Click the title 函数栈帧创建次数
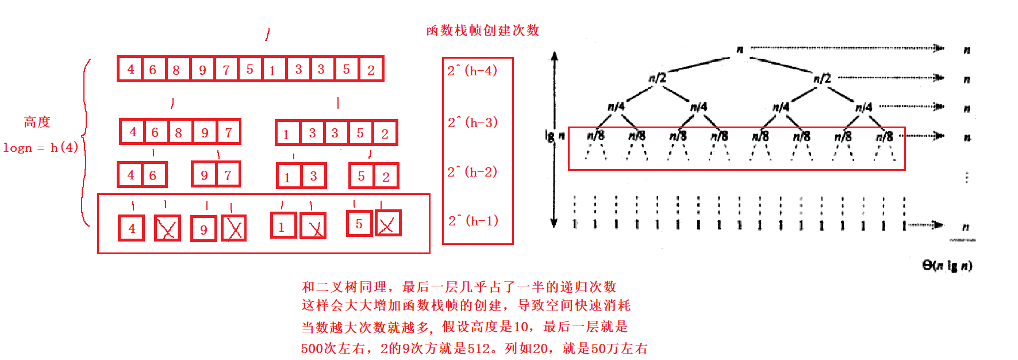482,30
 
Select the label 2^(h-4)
472,71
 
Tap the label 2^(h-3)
472,122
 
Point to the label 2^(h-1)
472,221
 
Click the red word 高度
37,122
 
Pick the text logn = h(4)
40,148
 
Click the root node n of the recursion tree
740,49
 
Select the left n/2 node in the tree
657,78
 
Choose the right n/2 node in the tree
822,78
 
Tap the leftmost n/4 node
616,106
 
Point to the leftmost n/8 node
596,136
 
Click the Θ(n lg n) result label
947,265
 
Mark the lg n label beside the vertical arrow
555,136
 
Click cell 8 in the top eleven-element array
176,70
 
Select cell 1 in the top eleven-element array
272,70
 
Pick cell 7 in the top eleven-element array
226,70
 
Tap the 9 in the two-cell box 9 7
204,175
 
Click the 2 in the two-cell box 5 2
386,177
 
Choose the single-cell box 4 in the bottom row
132,228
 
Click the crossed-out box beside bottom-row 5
388,224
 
